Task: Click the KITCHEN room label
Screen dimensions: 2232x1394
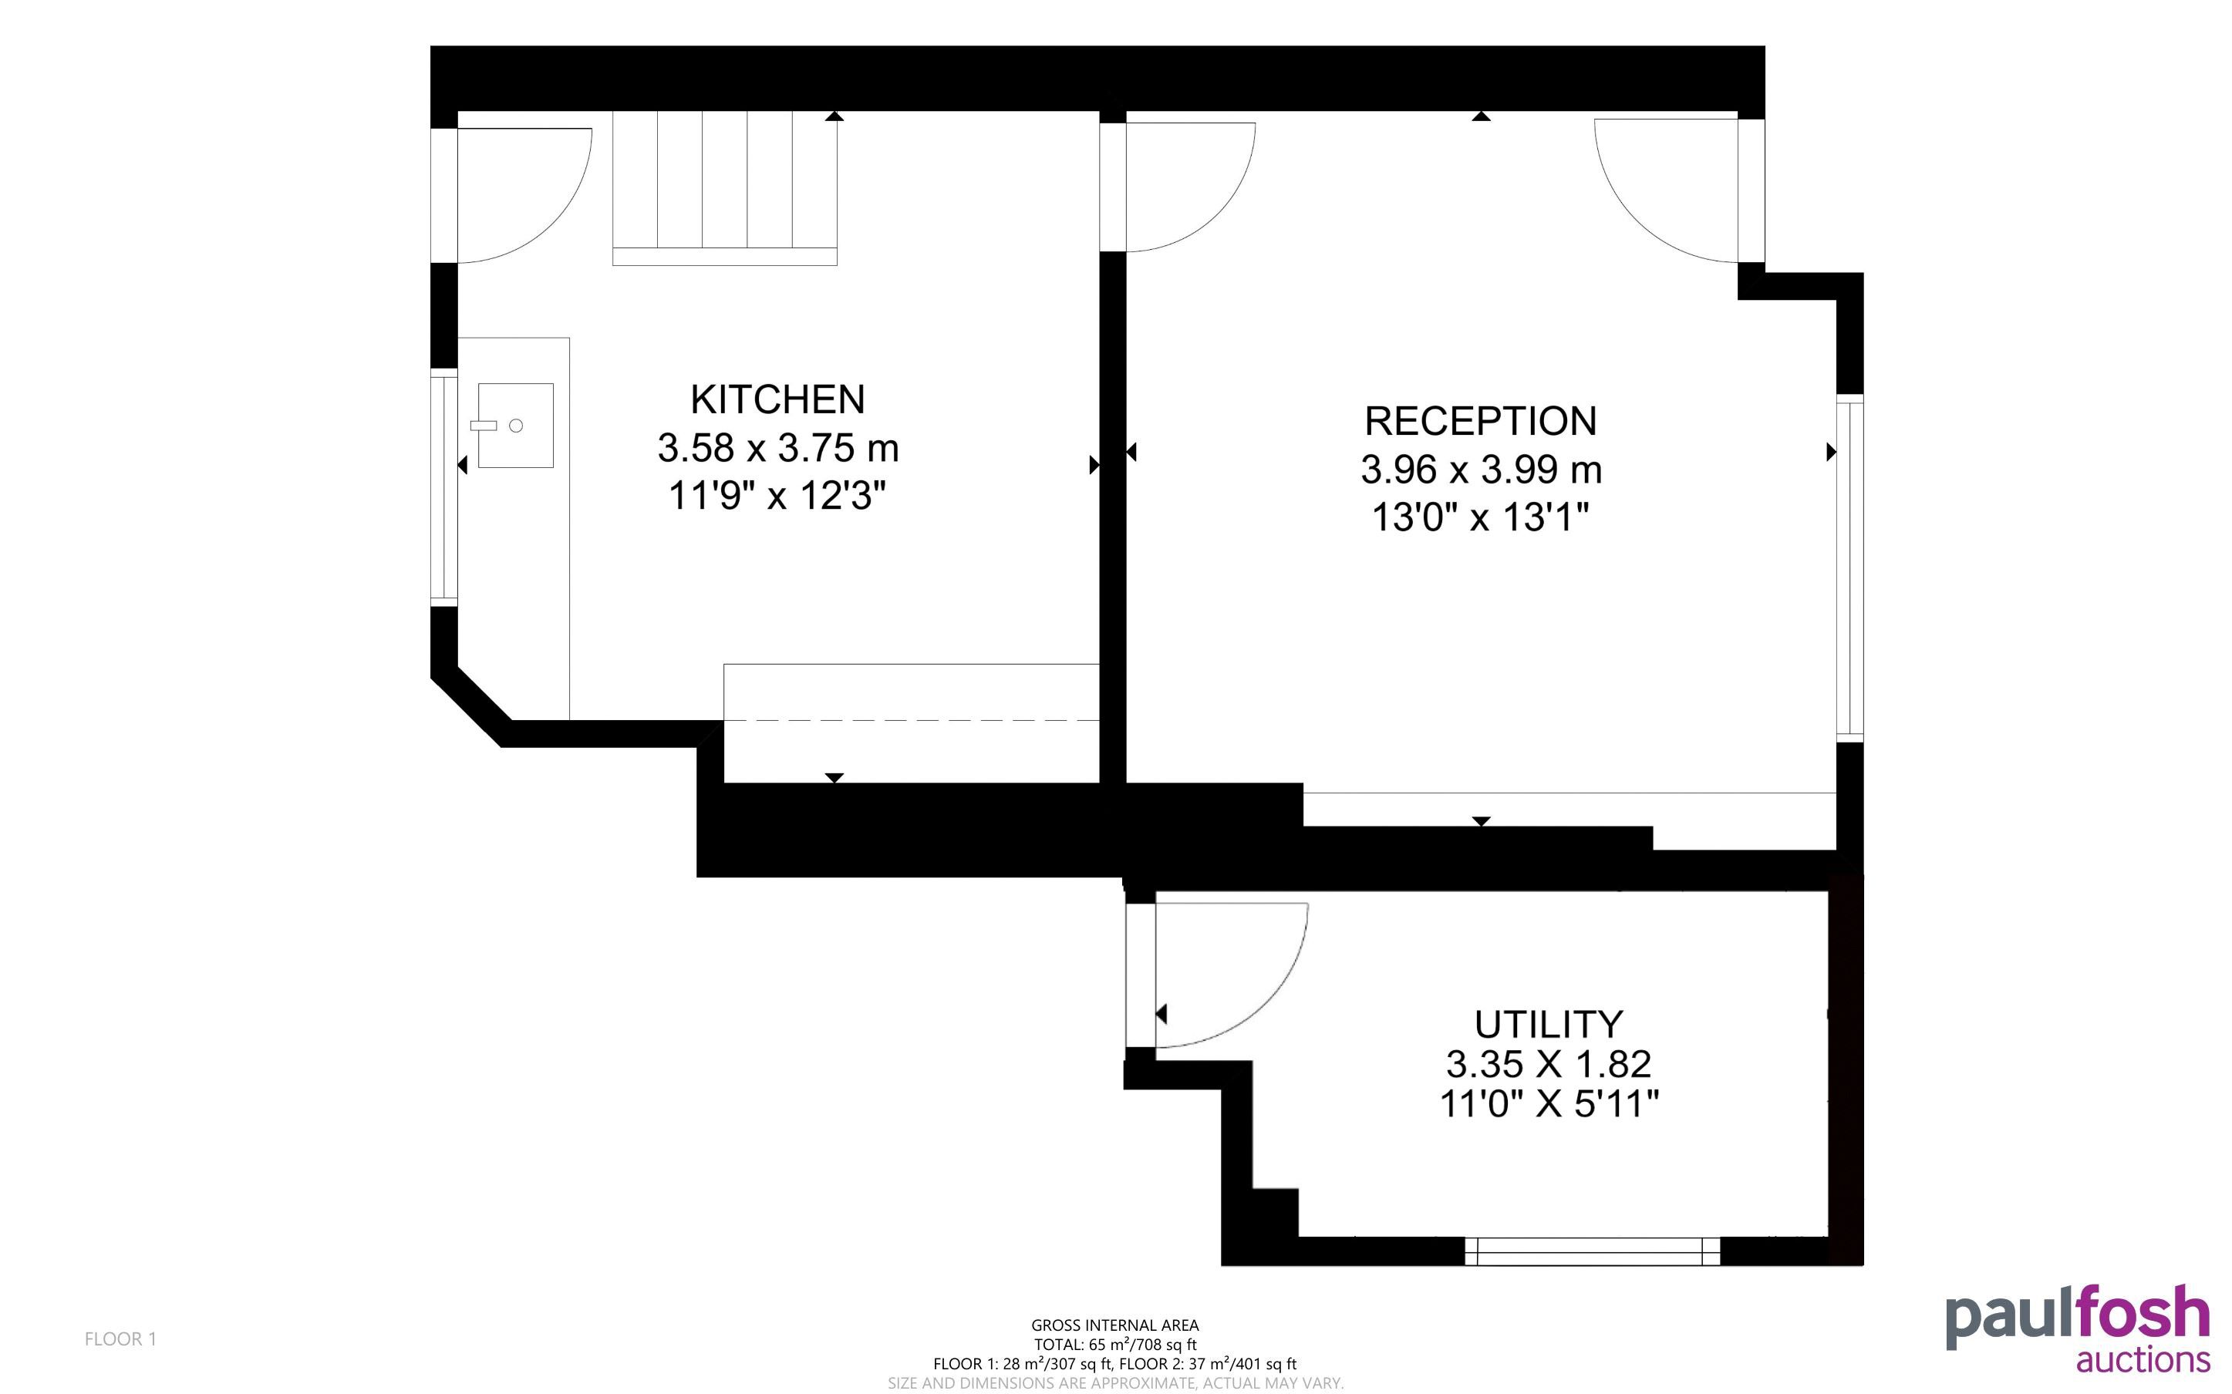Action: pos(777,399)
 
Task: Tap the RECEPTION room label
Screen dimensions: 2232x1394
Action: pos(1481,420)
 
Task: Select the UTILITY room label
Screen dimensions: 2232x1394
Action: pos(1548,1024)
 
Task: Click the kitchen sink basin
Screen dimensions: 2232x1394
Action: pos(515,425)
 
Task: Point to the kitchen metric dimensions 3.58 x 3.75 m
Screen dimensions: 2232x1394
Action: pos(777,448)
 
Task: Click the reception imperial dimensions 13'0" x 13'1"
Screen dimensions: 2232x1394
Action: pos(1481,517)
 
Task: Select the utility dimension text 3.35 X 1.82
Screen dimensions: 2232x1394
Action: pos(1548,1064)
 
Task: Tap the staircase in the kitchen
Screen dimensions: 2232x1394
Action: pos(725,188)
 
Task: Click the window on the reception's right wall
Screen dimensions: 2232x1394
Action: pos(1849,568)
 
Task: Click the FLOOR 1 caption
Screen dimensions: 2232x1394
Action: pos(121,1338)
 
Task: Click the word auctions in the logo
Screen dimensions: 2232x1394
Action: pos(2143,1360)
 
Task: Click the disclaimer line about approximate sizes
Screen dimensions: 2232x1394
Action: pos(1114,1383)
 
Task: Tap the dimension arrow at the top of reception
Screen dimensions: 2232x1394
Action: pos(1481,116)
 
